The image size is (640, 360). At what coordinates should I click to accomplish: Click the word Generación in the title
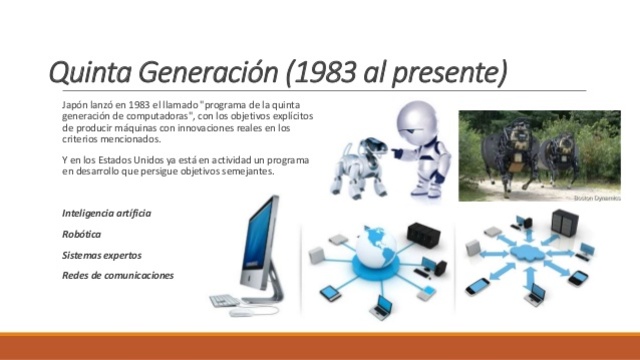(x=201, y=73)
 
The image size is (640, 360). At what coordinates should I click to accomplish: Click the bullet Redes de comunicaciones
(x=118, y=275)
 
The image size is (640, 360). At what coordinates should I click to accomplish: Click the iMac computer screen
(x=259, y=246)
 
